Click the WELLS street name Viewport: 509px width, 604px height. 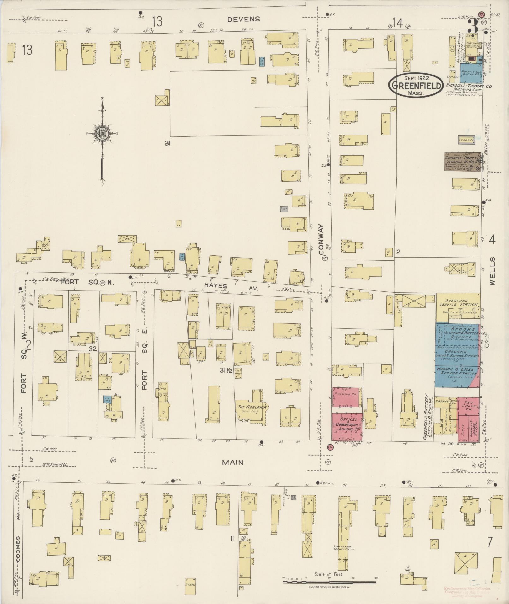(x=492, y=271)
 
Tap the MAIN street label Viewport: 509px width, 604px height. (x=233, y=462)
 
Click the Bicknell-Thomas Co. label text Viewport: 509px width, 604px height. (x=469, y=86)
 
